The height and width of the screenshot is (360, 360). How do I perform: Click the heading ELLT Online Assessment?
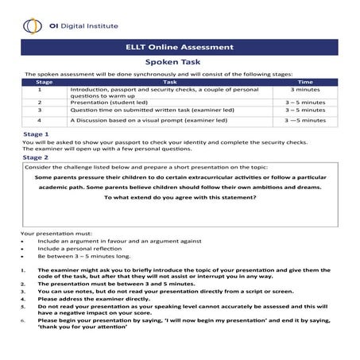180,47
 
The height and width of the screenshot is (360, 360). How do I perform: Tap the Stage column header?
45,82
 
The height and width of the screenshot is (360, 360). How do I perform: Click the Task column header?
170,82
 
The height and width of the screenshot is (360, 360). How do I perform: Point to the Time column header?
304,82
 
